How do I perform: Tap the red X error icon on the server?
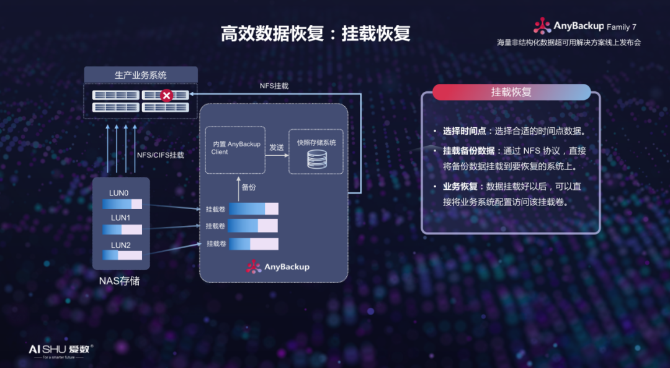[166, 96]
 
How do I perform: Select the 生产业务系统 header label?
[141, 75]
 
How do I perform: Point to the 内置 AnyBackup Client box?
[235, 150]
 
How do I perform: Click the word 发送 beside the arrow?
[277, 148]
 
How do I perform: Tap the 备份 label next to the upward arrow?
[249, 187]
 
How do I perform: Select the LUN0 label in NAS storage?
[119, 193]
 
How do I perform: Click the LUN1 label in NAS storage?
[120, 218]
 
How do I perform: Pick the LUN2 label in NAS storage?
[120, 245]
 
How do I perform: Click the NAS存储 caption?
[120, 281]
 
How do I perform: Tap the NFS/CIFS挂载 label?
[160, 155]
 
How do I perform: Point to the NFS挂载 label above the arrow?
[274, 86]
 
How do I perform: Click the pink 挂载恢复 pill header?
[511, 92]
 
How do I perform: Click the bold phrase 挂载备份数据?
[468, 151]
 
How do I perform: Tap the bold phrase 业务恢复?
[460, 186]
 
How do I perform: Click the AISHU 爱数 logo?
[60, 350]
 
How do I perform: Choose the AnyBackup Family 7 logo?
[585, 27]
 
